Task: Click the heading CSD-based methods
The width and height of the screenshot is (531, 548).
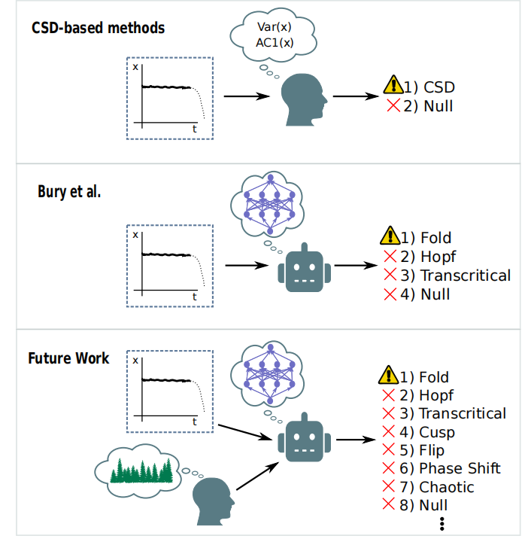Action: (98, 28)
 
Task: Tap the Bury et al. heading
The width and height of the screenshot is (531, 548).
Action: (69, 191)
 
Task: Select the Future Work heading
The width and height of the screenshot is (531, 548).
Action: (68, 358)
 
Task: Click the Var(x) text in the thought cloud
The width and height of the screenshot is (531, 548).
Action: (274, 27)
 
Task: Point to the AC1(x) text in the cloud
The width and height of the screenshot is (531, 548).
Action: (275, 43)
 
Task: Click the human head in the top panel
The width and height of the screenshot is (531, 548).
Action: (304, 99)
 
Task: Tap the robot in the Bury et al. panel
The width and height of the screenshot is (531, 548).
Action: (304, 268)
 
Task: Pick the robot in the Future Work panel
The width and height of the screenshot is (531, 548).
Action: (304, 437)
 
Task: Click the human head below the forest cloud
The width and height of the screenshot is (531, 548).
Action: (213, 501)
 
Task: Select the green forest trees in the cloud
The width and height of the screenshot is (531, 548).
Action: (141, 470)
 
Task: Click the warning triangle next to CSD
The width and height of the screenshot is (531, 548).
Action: (393, 84)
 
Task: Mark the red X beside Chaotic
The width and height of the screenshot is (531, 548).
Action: (388, 486)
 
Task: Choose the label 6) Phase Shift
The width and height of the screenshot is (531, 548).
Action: (450, 468)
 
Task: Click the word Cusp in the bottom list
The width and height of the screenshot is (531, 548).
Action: (437, 432)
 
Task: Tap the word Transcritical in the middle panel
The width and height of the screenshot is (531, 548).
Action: (466, 276)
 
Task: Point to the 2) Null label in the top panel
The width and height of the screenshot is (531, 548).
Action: (428, 106)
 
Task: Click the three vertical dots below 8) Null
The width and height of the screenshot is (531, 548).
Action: (442, 524)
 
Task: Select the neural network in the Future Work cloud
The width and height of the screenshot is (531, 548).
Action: (270, 373)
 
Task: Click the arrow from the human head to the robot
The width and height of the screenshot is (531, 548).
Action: (258, 476)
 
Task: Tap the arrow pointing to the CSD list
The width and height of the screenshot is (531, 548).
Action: (356, 96)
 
